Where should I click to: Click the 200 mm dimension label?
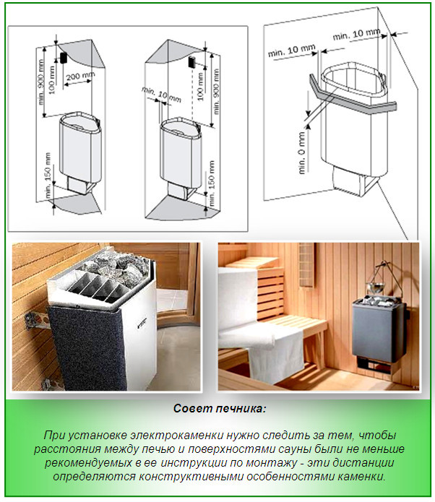tap(79, 77)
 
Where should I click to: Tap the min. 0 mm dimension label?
tap(302, 153)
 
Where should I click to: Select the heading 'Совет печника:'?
tap(220, 409)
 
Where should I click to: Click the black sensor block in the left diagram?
tap(63, 57)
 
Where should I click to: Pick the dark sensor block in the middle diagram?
tap(192, 62)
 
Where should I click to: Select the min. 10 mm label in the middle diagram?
tap(161, 95)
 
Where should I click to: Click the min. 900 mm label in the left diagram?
tap(41, 82)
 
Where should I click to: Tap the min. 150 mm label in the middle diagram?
tap(212, 183)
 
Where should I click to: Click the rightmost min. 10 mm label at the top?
tap(356, 34)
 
